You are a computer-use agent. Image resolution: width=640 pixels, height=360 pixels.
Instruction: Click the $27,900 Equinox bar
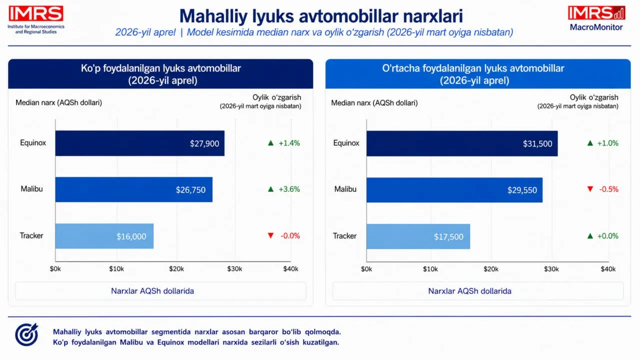[x=140, y=143]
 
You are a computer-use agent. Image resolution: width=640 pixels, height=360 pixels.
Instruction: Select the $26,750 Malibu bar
[x=134, y=189]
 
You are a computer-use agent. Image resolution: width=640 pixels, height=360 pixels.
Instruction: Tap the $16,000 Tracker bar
[x=104, y=236]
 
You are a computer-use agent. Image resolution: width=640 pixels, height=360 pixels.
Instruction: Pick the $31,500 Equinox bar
[x=462, y=143]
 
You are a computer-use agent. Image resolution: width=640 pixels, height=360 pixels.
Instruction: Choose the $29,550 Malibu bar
[x=454, y=190]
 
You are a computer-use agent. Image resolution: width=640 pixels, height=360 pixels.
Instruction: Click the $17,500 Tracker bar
[x=418, y=236]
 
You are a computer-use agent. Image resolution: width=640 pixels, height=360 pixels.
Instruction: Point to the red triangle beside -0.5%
[x=590, y=189]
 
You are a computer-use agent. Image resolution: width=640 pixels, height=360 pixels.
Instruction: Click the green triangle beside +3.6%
[x=270, y=189]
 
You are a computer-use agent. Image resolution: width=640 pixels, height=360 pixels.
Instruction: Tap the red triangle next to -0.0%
[x=270, y=235]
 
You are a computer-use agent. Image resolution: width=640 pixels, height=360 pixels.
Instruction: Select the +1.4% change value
[x=289, y=143]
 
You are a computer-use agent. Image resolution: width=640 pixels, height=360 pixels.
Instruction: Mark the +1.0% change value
[x=607, y=143]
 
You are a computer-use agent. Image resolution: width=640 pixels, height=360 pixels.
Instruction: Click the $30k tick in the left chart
[x=234, y=269]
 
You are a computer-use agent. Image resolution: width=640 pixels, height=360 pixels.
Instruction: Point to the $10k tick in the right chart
[x=430, y=269]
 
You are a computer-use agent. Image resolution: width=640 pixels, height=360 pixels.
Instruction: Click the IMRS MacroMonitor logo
[x=596, y=18]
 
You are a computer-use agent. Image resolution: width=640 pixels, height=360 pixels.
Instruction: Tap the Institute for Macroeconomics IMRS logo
[x=36, y=19]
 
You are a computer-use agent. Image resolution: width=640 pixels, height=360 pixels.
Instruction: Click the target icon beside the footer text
[x=26, y=334]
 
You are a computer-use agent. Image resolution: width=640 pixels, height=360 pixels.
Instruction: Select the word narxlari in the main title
[x=433, y=16]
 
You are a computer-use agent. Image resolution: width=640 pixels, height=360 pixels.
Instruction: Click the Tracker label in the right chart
[x=344, y=236]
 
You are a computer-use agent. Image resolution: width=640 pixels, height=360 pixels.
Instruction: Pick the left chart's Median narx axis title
[x=58, y=103]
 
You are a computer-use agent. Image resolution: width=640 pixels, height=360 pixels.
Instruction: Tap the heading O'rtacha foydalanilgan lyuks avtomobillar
[x=473, y=68]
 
